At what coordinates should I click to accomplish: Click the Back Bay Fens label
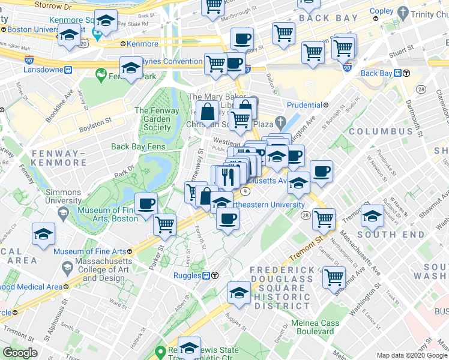pos(139,146)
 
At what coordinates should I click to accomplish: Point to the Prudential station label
pos(304,105)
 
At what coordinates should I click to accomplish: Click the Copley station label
pos(381,11)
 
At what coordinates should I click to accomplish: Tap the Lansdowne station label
pos(43,70)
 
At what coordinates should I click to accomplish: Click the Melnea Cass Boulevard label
pos(315,328)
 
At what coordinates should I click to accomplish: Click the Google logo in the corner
pos(20,353)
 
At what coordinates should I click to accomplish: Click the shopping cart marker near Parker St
pos(164,225)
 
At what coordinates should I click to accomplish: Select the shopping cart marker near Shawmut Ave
pos(334,278)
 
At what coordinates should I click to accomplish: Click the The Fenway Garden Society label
pos(157,119)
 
